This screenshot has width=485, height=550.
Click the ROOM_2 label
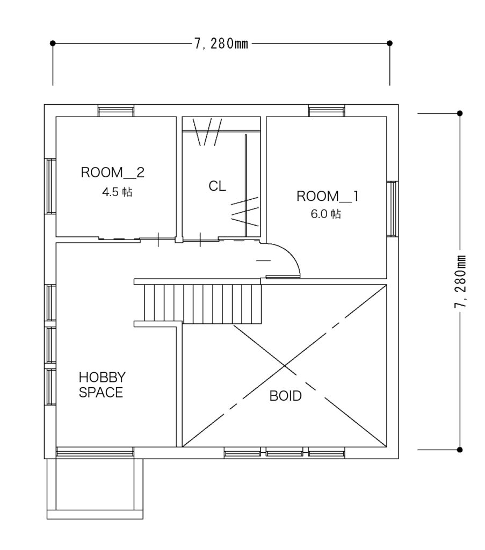click(x=113, y=172)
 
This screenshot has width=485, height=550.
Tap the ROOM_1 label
click(x=328, y=196)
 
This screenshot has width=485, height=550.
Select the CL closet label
click(x=217, y=186)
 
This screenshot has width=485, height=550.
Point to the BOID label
click(x=285, y=396)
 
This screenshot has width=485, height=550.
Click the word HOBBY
click(x=102, y=378)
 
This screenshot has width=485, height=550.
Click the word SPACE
click(x=100, y=392)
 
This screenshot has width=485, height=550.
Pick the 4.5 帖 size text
click(x=117, y=192)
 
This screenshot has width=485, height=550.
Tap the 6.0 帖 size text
click(x=326, y=214)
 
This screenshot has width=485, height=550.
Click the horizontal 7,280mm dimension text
click(x=221, y=44)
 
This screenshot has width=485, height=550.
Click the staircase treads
click(x=203, y=304)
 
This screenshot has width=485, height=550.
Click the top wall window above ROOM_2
click(x=116, y=111)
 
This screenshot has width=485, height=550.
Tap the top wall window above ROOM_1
click(x=327, y=111)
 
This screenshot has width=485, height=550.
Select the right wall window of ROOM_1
click(x=393, y=209)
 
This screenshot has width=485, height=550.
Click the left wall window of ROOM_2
click(x=50, y=186)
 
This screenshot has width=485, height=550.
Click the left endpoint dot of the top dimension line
click(x=53, y=43)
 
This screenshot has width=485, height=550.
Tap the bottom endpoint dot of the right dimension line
click(x=460, y=450)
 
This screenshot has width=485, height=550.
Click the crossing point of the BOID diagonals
click(x=285, y=366)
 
